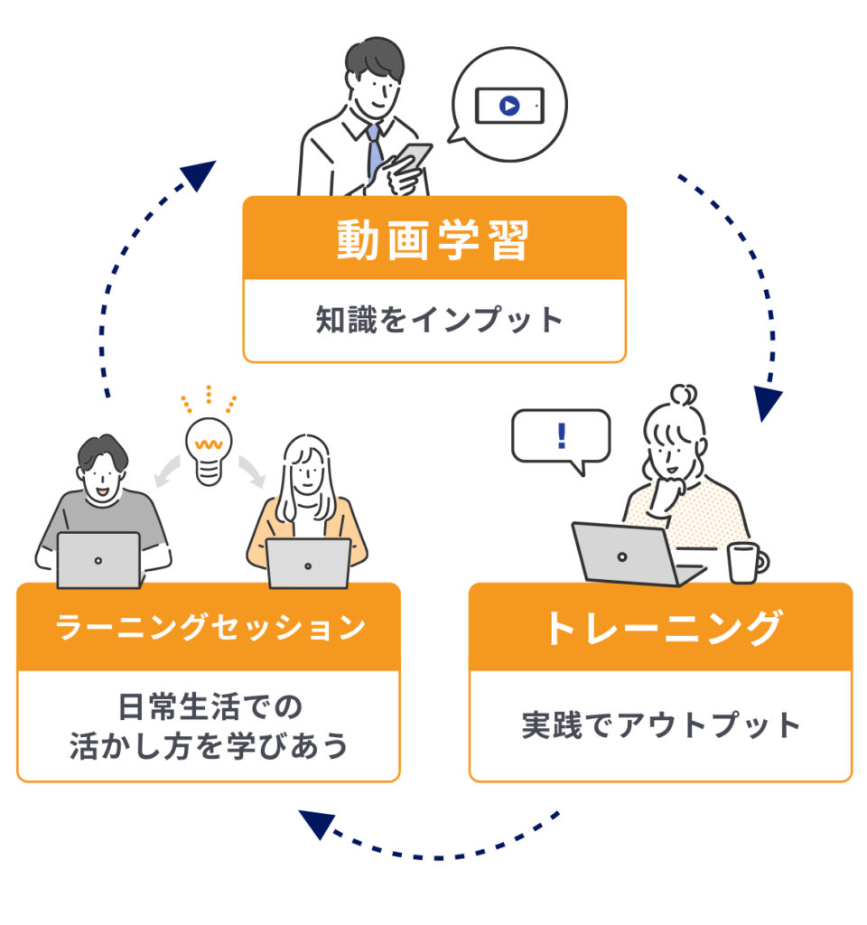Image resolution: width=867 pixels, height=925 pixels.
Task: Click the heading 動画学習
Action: tap(433, 240)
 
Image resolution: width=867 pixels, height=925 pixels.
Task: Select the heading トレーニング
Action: tap(661, 628)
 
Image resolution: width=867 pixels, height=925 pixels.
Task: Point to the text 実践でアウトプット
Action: tap(661, 725)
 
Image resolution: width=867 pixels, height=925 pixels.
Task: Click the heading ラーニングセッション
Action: tap(210, 627)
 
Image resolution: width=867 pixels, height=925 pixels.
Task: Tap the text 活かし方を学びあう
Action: tap(210, 747)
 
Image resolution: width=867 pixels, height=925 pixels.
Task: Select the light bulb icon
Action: tap(209, 447)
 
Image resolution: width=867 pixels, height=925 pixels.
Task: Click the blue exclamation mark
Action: tap(562, 435)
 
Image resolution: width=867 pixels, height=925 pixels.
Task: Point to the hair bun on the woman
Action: tap(683, 396)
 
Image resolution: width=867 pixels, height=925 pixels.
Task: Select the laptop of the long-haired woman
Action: tap(308, 564)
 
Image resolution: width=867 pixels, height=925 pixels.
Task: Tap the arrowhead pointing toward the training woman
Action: tap(768, 405)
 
